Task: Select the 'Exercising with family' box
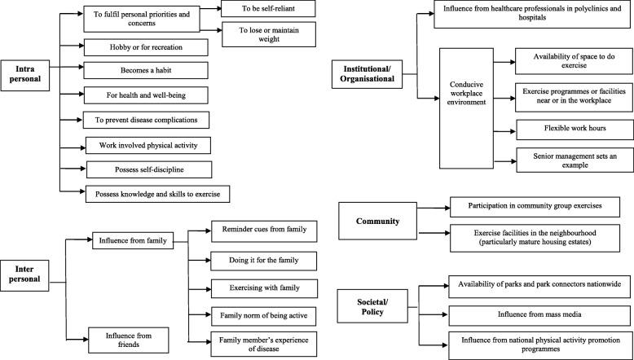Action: point(258,287)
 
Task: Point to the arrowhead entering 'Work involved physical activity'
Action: point(81,146)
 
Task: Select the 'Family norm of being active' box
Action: point(258,314)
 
